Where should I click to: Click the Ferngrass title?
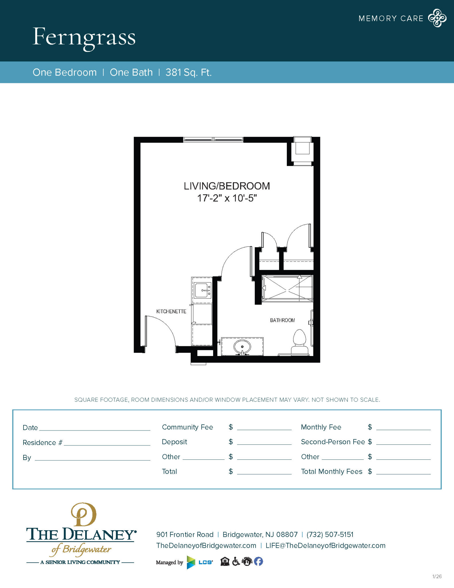pyautogui.click(x=84, y=37)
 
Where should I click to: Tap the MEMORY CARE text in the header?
pyautogui.click(x=391, y=19)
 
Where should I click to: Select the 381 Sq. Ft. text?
pyautogui.click(x=188, y=72)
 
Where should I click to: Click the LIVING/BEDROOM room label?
pyautogui.click(x=227, y=186)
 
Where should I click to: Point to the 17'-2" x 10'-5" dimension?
pyautogui.click(x=227, y=198)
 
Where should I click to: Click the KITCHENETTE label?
pyautogui.click(x=171, y=312)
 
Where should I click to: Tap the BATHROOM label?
pyautogui.click(x=282, y=320)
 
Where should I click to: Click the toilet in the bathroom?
pyautogui.click(x=300, y=342)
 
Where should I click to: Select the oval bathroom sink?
pyautogui.click(x=242, y=347)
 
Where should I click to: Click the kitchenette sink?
pyautogui.click(x=202, y=290)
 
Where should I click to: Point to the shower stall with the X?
pyautogui.click(x=287, y=288)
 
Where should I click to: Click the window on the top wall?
pyautogui.click(x=213, y=140)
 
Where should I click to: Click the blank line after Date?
pyautogui.click(x=95, y=428)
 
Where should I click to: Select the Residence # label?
pyautogui.click(x=42, y=443)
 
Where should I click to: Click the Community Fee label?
pyautogui.click(x=187, y=427)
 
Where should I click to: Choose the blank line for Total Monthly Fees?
pyautogui.click(x=403, y=472)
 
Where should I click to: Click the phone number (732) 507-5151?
pyautogui.click(x=330, y=535)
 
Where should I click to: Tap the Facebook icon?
pyautogui.click(x=258, y=561)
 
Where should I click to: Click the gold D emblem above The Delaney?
pyautogui.click(x=84, y=514)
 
